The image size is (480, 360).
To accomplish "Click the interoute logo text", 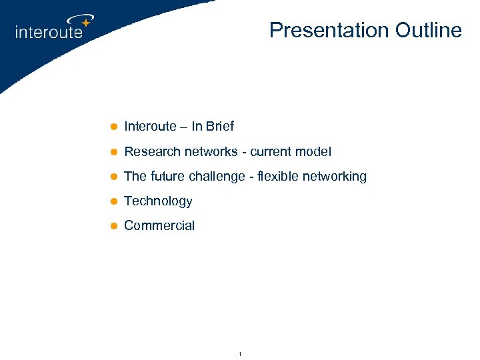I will click(49, 31).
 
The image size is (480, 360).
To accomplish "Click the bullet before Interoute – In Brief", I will click(113, 127).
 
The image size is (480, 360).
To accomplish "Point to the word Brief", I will click(220, 126).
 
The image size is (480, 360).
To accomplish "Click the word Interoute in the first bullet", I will click(151, 126).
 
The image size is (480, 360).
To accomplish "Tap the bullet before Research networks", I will click(113, 152).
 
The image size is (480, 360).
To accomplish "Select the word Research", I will click(153, 151).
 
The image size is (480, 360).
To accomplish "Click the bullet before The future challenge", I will click(113, 177).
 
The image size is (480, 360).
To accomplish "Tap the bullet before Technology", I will click(113, 201).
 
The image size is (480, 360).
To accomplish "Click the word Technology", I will click(158, 201).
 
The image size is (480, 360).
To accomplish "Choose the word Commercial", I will click(159, 225).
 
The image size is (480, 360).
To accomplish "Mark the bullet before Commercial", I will click(113, 226).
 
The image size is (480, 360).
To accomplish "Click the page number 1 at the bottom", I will click(239, 353).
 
